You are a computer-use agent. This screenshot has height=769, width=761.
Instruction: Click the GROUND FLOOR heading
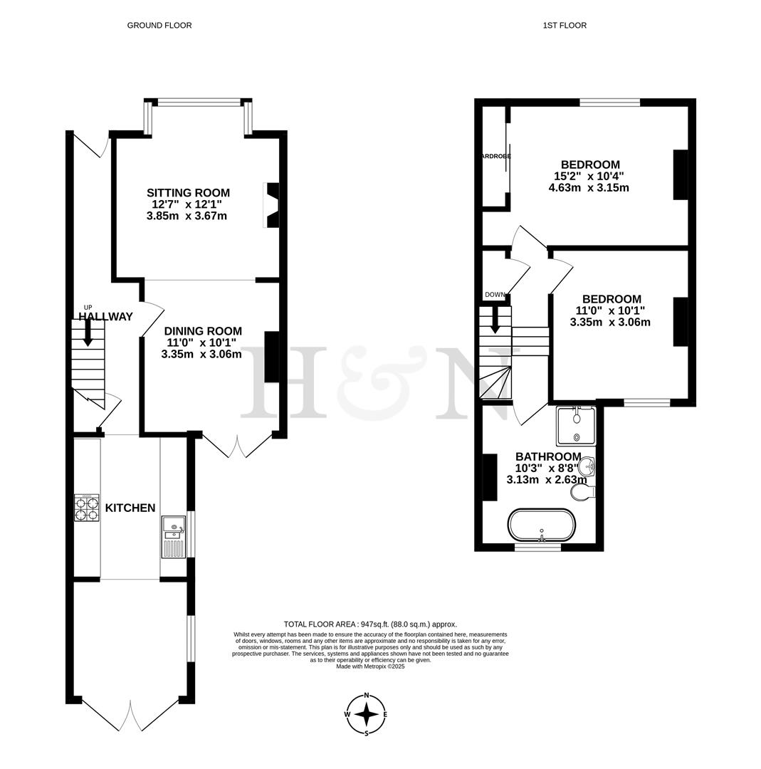coord(159,26)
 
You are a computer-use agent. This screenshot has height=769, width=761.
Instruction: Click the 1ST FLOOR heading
coord(565,26)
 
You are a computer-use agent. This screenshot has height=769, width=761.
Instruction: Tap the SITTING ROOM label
coord(188,193)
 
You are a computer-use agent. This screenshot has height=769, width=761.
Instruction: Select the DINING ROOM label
coord(203,331)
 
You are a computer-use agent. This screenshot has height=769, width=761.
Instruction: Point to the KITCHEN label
coord(130,508)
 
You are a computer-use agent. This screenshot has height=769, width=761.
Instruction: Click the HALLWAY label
coord(105,317)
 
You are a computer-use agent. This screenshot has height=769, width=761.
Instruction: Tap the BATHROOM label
coord(548,456)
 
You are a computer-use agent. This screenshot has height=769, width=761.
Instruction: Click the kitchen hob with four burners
coord(87,508)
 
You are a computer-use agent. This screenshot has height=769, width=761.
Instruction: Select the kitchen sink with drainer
coord(173,536)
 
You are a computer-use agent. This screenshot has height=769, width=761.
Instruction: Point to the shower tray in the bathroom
coord(576,426)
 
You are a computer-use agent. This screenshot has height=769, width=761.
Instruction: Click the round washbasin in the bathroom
coord(586,467)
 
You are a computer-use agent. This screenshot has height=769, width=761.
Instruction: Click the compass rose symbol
coord(367,714)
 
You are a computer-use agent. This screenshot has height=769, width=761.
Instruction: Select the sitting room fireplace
coord(271,205)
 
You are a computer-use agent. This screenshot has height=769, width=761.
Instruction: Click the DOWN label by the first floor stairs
coord(495,295)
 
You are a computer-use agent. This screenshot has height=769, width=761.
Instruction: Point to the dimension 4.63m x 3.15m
coord(589,188)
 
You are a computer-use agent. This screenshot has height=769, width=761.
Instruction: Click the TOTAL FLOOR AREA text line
coord(370,624)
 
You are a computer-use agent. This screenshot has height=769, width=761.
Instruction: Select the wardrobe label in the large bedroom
coord(495,156)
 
